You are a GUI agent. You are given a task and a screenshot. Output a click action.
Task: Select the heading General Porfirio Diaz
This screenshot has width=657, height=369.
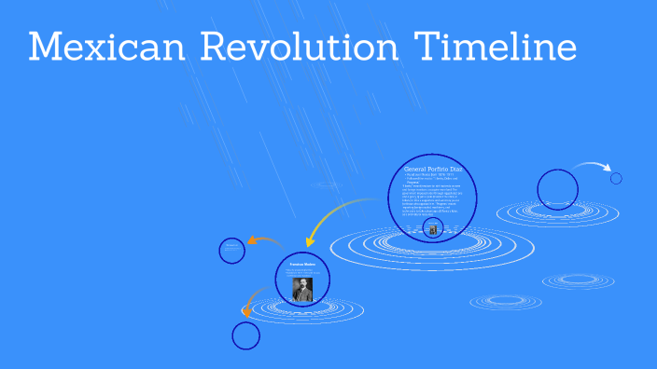tap(432, 168)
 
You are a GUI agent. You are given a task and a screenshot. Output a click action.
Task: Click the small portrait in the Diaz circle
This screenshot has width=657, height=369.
tap(431, 227)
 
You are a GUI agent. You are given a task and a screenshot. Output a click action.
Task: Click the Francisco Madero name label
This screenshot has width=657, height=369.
tap(301, 264)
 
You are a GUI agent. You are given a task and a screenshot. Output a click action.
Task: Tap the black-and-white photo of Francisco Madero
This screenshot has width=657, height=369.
tap(301, 289)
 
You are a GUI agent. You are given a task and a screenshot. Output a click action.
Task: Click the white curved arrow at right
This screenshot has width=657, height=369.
tap(592, 167)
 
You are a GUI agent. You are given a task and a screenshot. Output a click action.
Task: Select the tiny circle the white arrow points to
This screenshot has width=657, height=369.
tap(616, 178)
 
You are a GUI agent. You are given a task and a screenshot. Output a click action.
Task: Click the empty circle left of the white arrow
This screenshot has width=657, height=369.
tap(558, 189)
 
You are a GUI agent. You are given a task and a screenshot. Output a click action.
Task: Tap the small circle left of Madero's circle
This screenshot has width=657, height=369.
tap(232, 250)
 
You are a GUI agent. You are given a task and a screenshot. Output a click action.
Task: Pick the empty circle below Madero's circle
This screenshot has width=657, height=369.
tap(245, 335)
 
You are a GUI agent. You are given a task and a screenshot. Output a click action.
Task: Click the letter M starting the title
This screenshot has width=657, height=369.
tap(46, 48)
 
